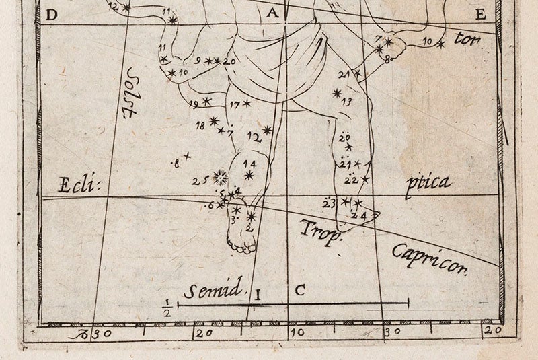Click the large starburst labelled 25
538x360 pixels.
point(218,178)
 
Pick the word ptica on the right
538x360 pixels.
point(428,182)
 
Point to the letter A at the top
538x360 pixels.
point(272,13)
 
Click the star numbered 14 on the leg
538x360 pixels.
point(249,176)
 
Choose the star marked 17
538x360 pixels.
point(247,103)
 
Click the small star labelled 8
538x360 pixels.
point(188,156)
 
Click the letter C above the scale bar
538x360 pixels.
point(301,291)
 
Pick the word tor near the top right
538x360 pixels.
point(467,38)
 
